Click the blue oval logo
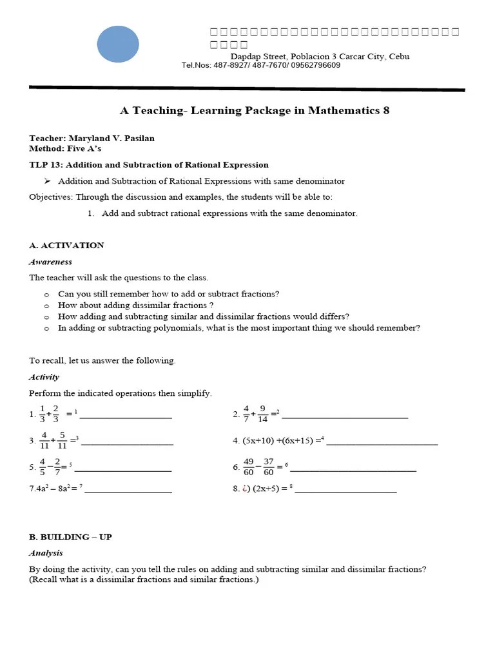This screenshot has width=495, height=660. click(118, 44)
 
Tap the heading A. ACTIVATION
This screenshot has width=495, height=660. click(66, 245)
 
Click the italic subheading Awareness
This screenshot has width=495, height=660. click(50, 262)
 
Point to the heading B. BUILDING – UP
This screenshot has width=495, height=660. click(70, 537)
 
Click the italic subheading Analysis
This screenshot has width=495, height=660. click(46, 553)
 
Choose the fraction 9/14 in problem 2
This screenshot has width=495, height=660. click(262, 414)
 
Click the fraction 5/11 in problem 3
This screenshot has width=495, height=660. click(62, 440)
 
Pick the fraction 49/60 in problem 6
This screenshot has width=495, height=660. click(249, 467)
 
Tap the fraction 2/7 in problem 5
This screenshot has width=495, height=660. click(57, 467)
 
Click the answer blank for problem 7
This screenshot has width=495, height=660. click(128, 492)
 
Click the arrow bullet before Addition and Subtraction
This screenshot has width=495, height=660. click(47, 181)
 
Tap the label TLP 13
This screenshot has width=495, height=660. click(44, 165)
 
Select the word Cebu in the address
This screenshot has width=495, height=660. click(399, 56)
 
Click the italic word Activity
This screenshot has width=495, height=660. click(44, 377)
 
